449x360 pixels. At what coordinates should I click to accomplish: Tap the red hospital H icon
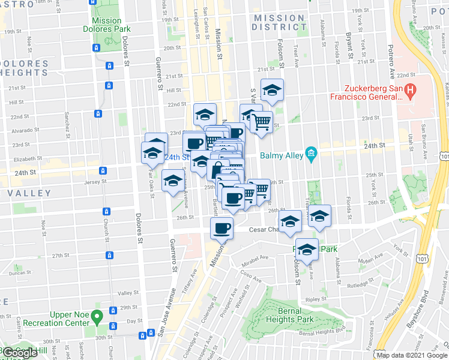click(x=411, y=92)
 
